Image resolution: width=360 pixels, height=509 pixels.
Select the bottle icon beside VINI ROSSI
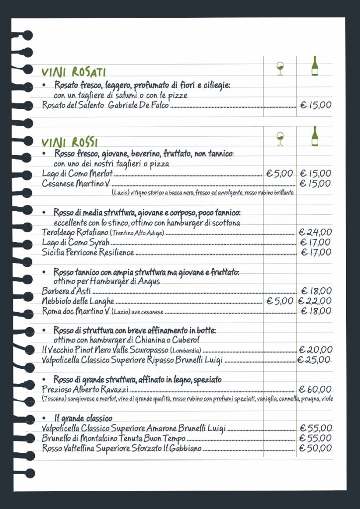pyautogui.click(x=314, y=136)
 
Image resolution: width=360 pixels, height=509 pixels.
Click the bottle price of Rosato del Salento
pyautogui.click(x=316, y=105)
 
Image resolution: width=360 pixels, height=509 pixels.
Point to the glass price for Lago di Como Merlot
pyautogui.click(x=280, y=173)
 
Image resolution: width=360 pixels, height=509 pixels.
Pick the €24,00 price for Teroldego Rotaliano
pyautogui.click(x=315, y=232)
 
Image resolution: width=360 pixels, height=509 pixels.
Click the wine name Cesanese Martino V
pyautogui.click(x=75, y=183)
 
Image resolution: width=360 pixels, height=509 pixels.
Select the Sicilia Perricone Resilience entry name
pyautogui.click(x=88, y=253)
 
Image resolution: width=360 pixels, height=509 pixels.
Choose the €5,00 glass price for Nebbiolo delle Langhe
pyautogui.click(x=280, y=301)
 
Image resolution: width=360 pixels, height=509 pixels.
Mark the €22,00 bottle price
pyautogui.click(x=315, y=301)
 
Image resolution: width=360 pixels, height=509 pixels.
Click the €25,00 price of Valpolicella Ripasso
pyautogui.click(x=315, y=360)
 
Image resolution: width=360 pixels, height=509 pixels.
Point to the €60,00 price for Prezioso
pyautogui.click(x=315, y=389)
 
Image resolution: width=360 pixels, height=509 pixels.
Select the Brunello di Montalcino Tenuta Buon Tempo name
pyautogui.click(x=114, y=438)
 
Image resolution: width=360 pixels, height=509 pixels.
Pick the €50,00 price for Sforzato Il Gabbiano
pyautogui.click(x=315, y=448)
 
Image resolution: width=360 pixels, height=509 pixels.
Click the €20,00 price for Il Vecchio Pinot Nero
pyautogui.click(x=315, y=350)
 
